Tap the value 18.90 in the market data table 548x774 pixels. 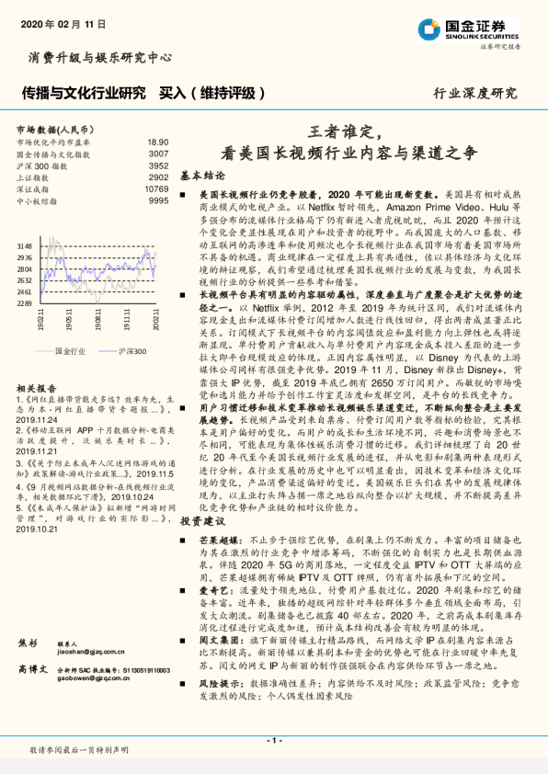point(157,142)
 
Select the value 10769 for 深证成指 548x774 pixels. point(156,188)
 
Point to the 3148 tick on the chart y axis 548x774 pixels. point(24,246)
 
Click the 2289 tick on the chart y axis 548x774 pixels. point(24,302)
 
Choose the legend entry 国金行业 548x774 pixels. point(71,352)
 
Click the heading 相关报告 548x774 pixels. point(36,388)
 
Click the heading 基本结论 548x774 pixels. point(202,174)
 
